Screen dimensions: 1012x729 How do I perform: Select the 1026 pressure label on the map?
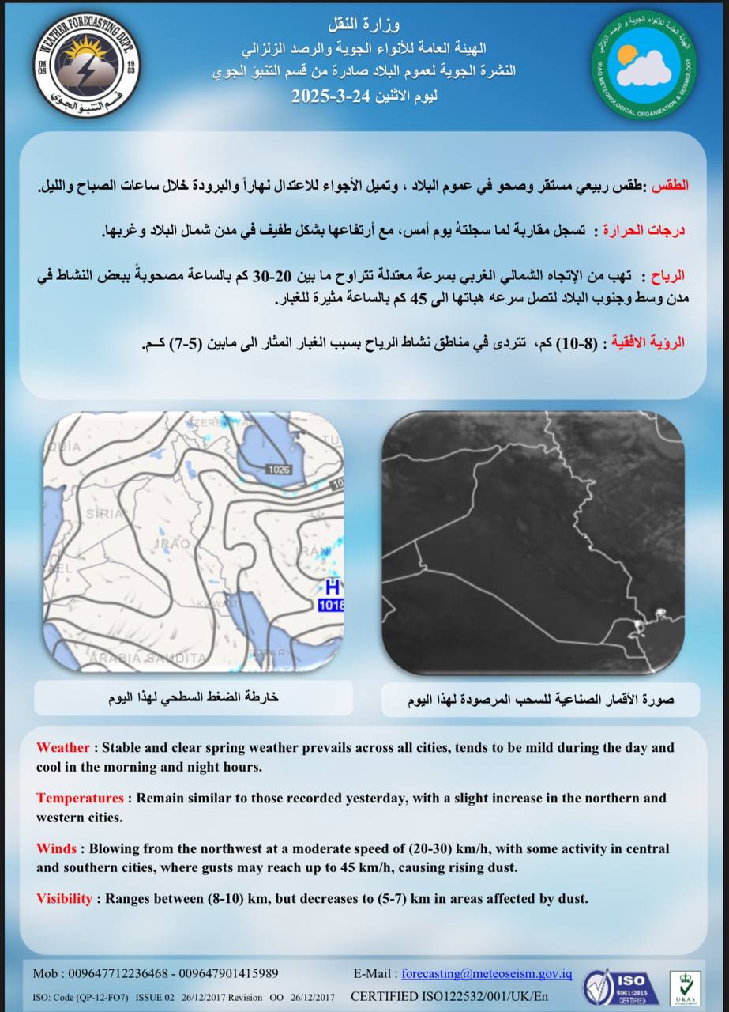(279, 470)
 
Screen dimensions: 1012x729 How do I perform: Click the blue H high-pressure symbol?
(333, 588)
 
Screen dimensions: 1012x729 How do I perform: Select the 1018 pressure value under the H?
(331, 606)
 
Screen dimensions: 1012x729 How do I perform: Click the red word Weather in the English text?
(63, 747)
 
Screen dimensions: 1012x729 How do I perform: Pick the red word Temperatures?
(80, 798)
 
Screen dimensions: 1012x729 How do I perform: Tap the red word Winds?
(56, 848)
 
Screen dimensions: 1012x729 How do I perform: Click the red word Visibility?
(64, 899)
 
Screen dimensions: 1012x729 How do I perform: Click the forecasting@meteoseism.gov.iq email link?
(487, 973)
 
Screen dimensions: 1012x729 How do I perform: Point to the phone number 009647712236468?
(119, 973)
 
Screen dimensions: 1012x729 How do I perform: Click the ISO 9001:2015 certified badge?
(622, 985)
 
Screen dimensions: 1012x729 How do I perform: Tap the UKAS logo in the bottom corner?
(684, 987)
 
